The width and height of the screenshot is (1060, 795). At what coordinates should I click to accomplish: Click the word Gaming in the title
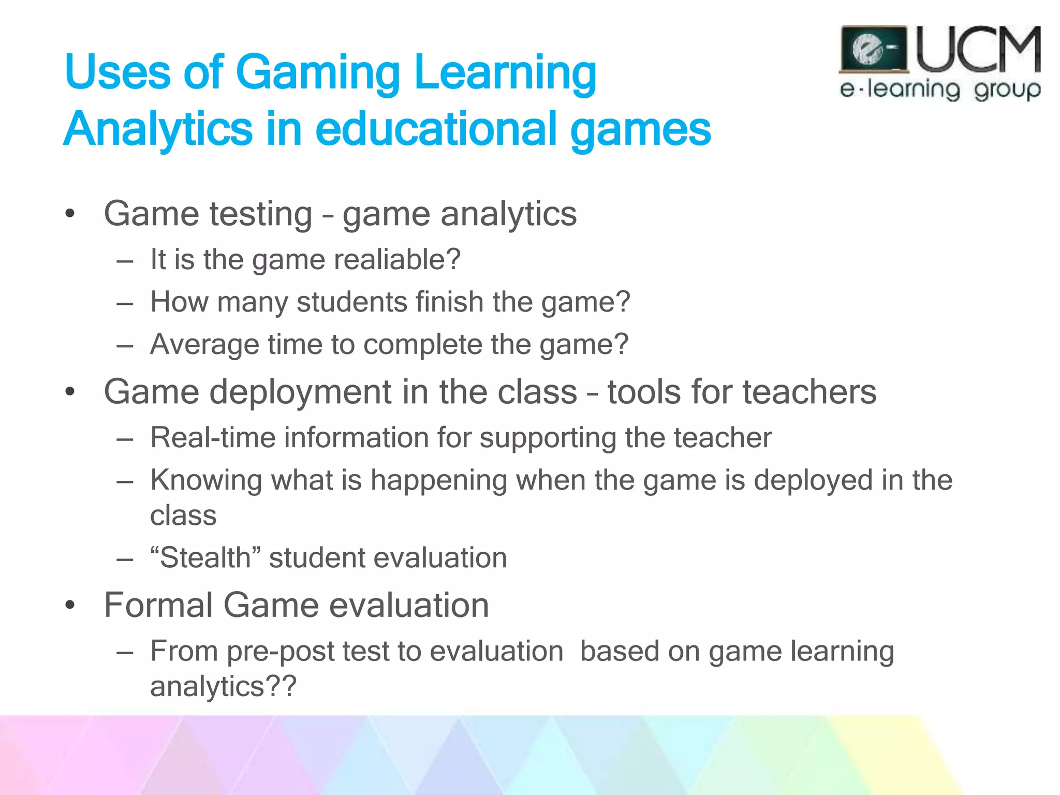(318, 73)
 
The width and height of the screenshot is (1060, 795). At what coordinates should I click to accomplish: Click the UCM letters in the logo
(978, 50)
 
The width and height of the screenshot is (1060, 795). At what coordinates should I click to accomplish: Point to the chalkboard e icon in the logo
(873, 50)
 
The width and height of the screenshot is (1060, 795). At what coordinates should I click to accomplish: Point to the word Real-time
(213, 438)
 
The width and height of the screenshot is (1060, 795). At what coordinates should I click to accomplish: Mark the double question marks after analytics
(281, 686)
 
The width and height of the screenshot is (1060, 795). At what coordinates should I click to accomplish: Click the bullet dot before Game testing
(70, 213)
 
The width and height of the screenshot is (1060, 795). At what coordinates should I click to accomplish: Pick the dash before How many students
(125, 303)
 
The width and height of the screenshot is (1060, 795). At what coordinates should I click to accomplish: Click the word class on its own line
(183, 516)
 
